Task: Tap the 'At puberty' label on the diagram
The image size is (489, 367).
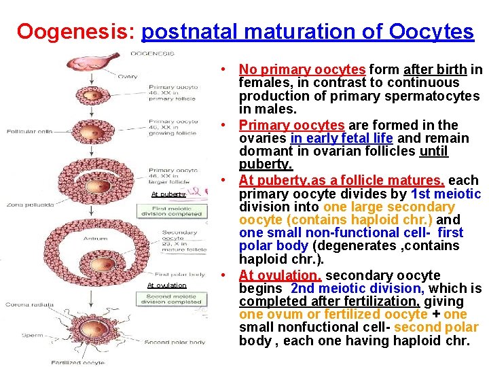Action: [x=168, y=194]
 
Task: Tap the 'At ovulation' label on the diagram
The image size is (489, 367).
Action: [x=166, y=285]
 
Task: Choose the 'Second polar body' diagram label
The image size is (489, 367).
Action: [x=175, y=342]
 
